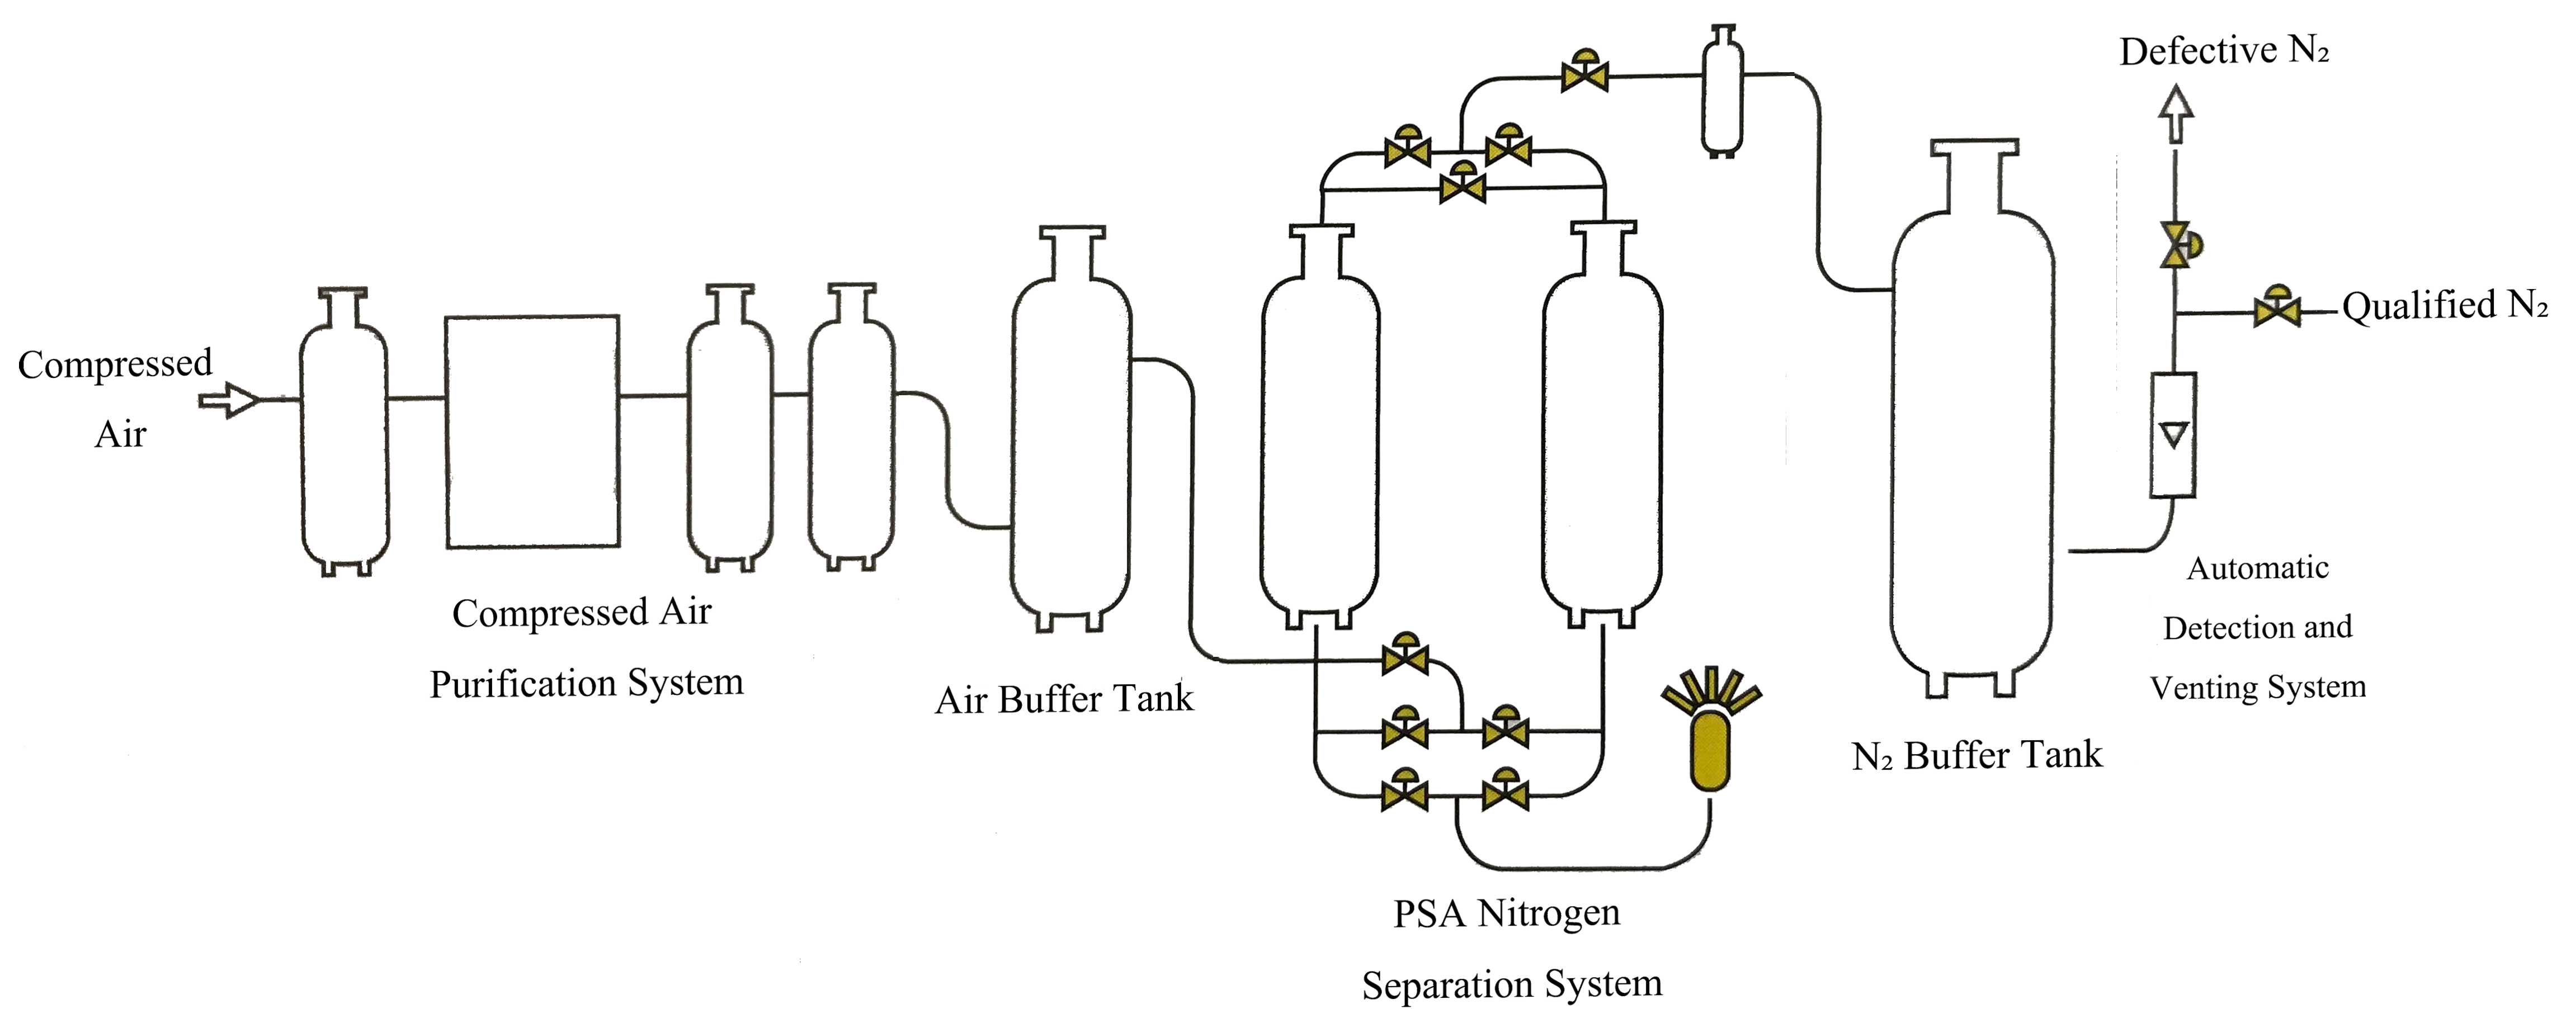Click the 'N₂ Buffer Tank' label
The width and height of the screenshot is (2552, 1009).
pos(1976,756)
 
